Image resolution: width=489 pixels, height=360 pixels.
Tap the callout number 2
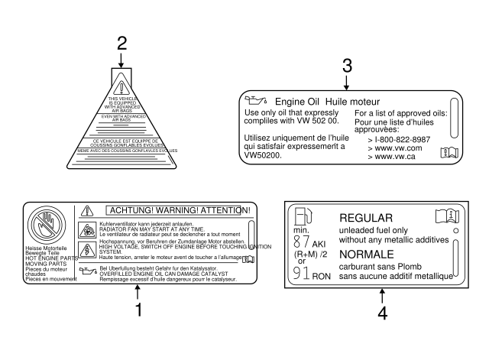pyautogui.click(x=121, y=44)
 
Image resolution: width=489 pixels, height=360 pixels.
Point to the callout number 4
pyautogui.click(x=382, y=313)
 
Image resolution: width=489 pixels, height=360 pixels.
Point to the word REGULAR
pyautogui.click(x=365, y=218)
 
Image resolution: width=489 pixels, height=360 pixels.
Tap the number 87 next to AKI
pyautogui.click(x=302, y=242)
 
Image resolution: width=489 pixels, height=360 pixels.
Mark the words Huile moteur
pyautogui.click(x=354, y=101)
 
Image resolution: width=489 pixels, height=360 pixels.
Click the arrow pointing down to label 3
pyautogui.click(x=347, y=82)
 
